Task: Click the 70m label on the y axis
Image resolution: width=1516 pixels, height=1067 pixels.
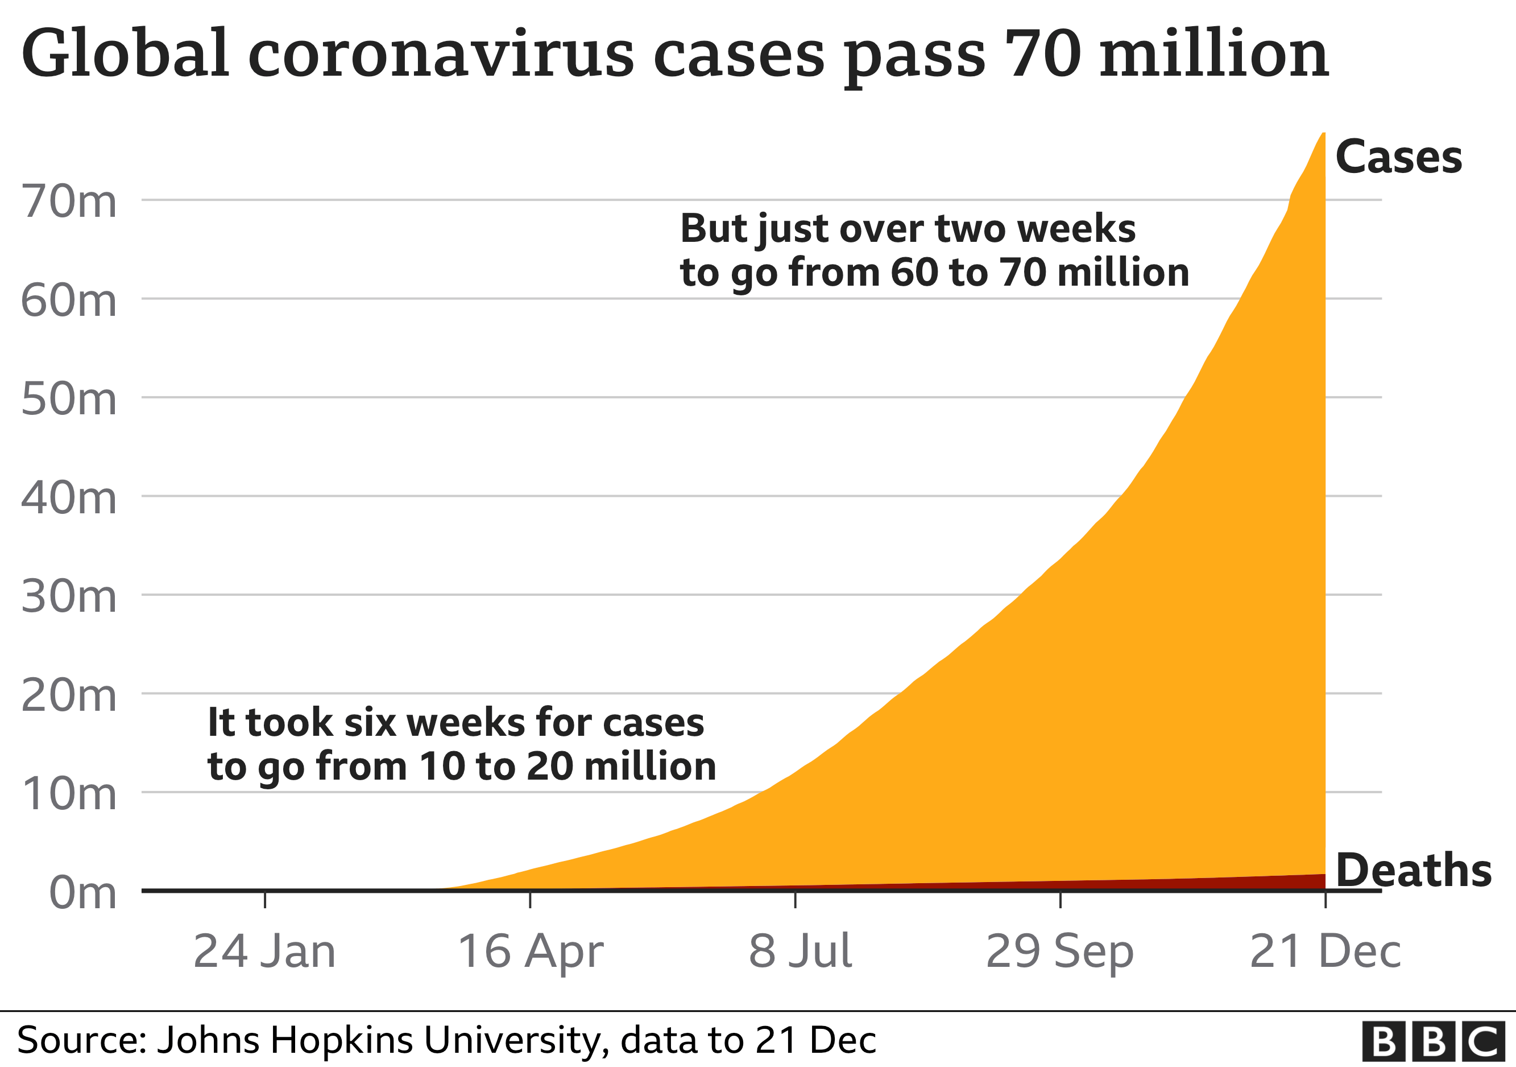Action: (69, 201)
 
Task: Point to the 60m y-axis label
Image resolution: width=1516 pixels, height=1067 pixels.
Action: (69, 300)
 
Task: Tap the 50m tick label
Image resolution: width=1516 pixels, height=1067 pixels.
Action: (69, 399)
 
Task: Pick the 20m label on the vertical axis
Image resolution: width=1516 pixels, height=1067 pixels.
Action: (69, 696)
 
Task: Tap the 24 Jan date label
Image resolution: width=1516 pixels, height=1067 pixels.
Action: (265, 951)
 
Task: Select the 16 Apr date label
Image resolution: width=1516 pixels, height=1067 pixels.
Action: (530, 951)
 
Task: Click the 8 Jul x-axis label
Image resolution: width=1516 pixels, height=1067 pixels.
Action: (800, 951)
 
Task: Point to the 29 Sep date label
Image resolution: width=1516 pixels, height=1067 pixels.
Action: (1060, 951)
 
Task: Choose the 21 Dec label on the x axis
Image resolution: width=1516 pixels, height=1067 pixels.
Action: (1325, 951)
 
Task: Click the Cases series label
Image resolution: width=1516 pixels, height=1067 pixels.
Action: (1398, 157)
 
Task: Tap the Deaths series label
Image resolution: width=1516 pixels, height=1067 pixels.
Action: (1414, 870)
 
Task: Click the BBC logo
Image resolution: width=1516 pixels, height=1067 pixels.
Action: (1434, 1042)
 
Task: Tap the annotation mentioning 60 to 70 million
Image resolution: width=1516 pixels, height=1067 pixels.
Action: (934, 250)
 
